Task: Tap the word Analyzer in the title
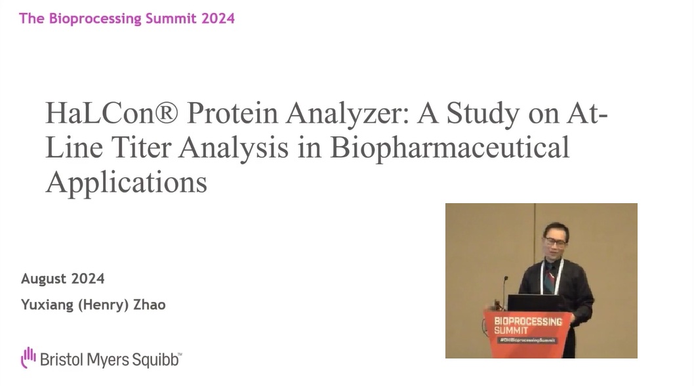pos(347,114)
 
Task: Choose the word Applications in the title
pos(126,182)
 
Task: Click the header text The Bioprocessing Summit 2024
pos(127,18)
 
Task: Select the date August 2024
pos(62,279)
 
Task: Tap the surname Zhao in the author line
pos(149,305)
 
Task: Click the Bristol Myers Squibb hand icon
pos(28,358)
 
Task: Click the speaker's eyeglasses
pos(554,242)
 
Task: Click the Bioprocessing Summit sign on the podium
pos(527,330)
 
